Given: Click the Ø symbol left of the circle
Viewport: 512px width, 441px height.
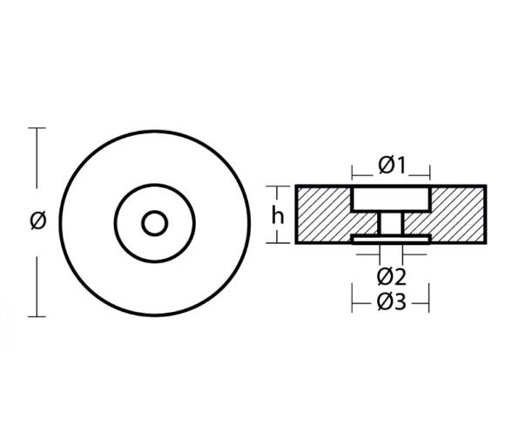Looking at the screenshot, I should (x=37, y=221).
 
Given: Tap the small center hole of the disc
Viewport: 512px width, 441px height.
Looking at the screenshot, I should (x=156, y=222).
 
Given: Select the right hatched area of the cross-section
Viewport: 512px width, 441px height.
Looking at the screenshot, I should (x=459, y=214).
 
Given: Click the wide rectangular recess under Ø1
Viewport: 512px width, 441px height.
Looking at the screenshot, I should (x=391, y=199).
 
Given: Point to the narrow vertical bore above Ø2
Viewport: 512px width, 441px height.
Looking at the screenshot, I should (x=391, y=224).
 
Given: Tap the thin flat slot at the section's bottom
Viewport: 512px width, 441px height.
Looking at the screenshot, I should (x=391, y=238).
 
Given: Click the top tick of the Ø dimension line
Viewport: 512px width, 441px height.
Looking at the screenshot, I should (x=37, y=129).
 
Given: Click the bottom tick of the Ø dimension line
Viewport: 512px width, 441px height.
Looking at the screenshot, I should (x=37, y=315).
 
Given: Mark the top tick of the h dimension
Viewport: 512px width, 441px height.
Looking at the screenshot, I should (x=278, y=187).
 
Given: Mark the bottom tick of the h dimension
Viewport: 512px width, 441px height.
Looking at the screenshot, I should (x=278, y=241).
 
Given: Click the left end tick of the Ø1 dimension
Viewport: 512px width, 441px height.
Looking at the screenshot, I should (x=353, y=166).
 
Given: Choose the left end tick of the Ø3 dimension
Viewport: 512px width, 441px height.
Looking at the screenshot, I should (x=353, y=302).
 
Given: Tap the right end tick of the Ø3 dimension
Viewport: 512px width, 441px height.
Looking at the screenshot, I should (x=430, y=302).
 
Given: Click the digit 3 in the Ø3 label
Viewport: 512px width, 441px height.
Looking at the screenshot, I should (x=401, y=302).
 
